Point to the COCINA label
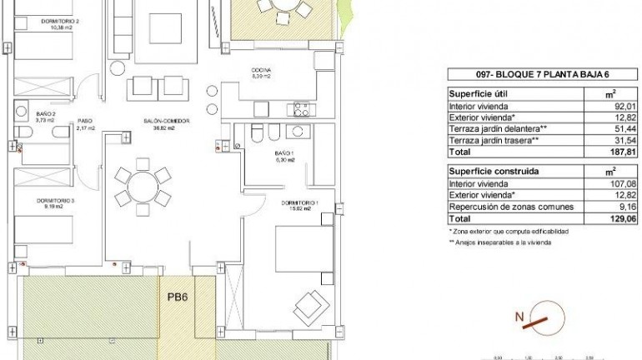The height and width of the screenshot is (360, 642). pos(262,72)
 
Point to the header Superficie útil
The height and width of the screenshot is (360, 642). pos(479,94)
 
